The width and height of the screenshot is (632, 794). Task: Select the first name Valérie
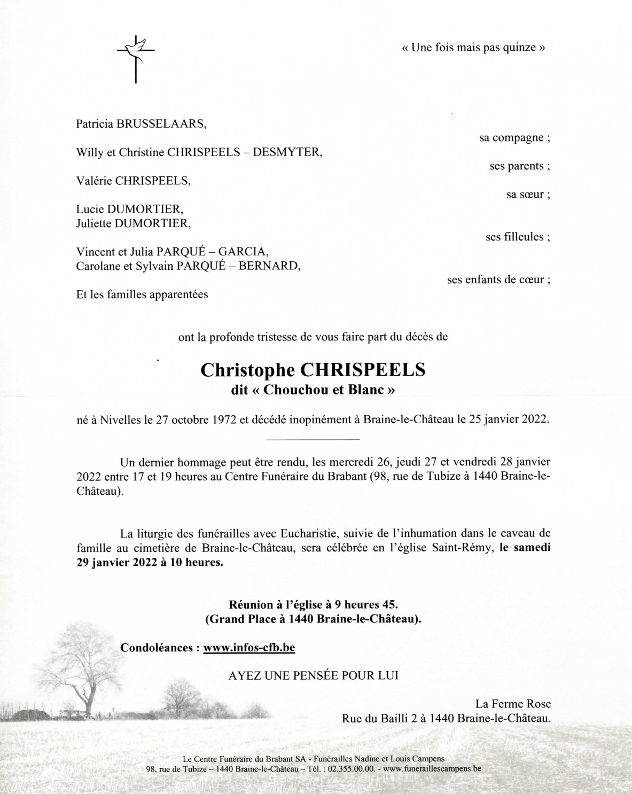[94, 181]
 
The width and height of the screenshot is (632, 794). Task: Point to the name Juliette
[94, 223]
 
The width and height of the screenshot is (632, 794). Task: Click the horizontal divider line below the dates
[313, 439]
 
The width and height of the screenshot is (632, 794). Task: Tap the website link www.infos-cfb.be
[249, 648]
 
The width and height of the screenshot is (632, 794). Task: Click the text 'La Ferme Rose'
[512, 704]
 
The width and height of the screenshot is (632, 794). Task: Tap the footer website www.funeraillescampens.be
[432, 769]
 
